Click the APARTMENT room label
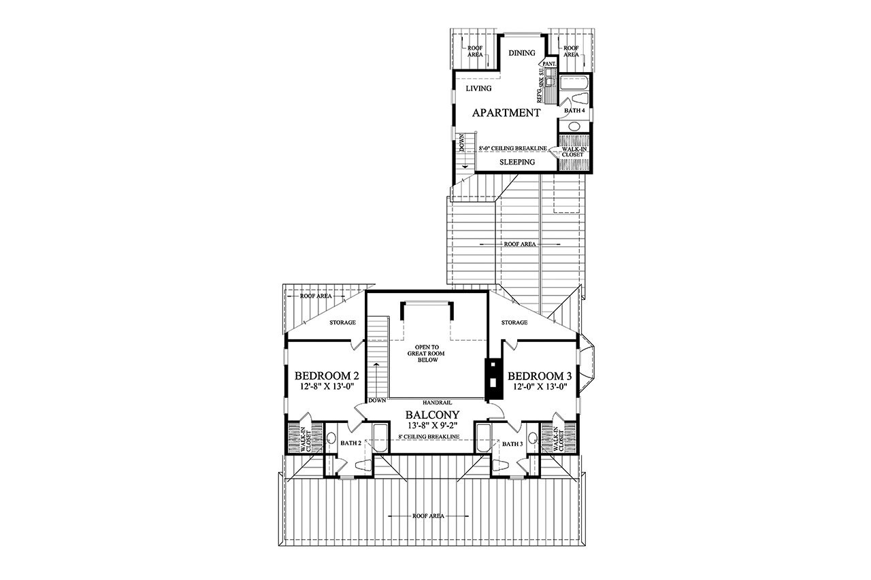(x=506, y=113)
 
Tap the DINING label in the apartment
(x=522, y=53)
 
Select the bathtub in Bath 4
(x=574, y=86)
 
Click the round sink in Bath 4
(x=574, y=126)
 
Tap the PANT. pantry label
(x=550, y=63)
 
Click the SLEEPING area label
(x=517, y=162)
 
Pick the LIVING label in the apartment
(x=478, y=88)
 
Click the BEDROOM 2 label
(x=327, y=376)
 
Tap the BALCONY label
(x=432, y=415)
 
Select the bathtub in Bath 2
(x=378, y=435)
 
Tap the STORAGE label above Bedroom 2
(x=343, y=322)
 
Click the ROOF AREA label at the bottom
(x=428, y=516)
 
